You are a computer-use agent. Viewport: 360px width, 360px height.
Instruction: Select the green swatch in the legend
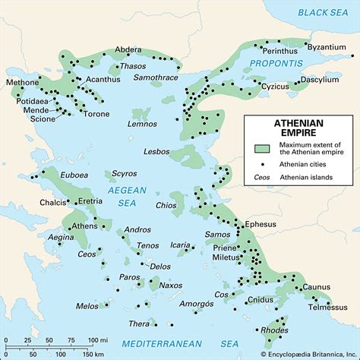pos(263,150)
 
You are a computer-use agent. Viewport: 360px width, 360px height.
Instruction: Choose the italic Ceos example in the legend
pos(263,179)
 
